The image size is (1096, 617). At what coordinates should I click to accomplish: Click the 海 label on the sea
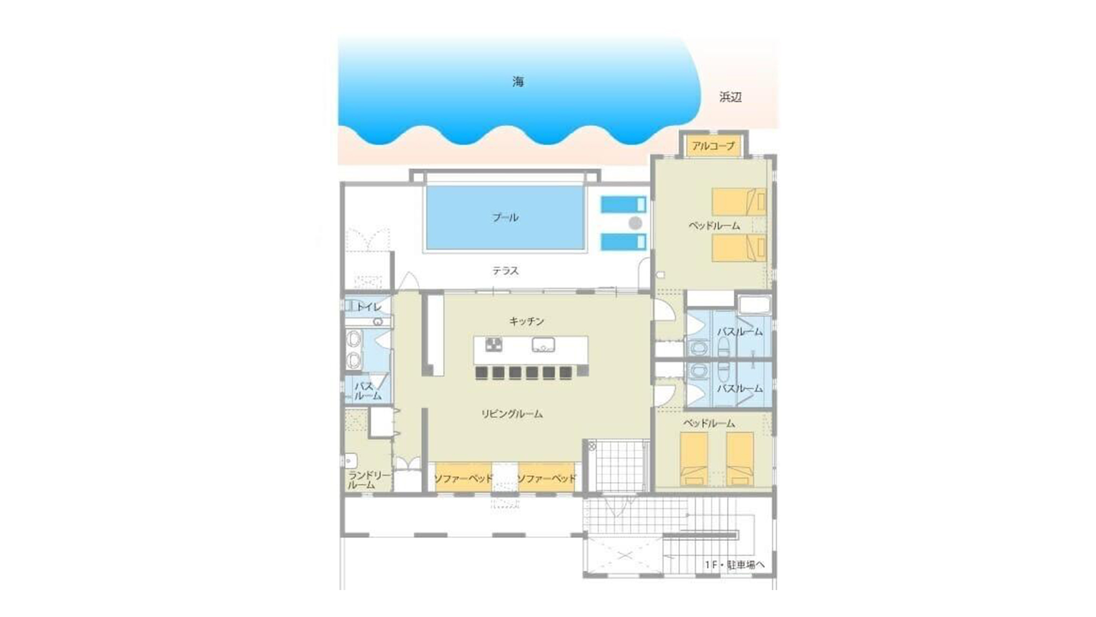518,82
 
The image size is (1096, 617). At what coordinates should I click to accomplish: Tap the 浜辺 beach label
730,97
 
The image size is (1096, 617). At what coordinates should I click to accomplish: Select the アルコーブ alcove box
713,146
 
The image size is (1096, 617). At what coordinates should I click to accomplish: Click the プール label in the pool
505,217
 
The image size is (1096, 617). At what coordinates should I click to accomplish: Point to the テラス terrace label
505,270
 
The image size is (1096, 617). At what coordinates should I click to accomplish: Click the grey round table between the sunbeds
635,223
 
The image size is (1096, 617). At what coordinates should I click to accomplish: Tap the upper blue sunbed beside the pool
624,205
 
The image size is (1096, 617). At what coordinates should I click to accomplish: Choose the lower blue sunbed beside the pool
624,242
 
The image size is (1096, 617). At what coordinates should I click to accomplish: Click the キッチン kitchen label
527,321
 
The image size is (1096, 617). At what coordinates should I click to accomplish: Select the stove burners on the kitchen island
494,345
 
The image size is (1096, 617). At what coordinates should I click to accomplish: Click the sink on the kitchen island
543,345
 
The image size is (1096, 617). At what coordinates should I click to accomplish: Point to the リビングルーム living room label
512,414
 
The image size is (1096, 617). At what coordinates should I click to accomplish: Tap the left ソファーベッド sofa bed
464,478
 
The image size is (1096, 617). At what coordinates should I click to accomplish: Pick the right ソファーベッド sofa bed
547,478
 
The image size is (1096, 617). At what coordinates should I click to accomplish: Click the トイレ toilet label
369,307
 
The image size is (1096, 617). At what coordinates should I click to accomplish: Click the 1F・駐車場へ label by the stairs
734,564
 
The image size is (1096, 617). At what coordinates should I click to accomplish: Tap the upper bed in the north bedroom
739,202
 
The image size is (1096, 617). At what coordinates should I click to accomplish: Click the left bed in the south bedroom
694,458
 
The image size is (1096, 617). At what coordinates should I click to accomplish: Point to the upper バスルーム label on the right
740,332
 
